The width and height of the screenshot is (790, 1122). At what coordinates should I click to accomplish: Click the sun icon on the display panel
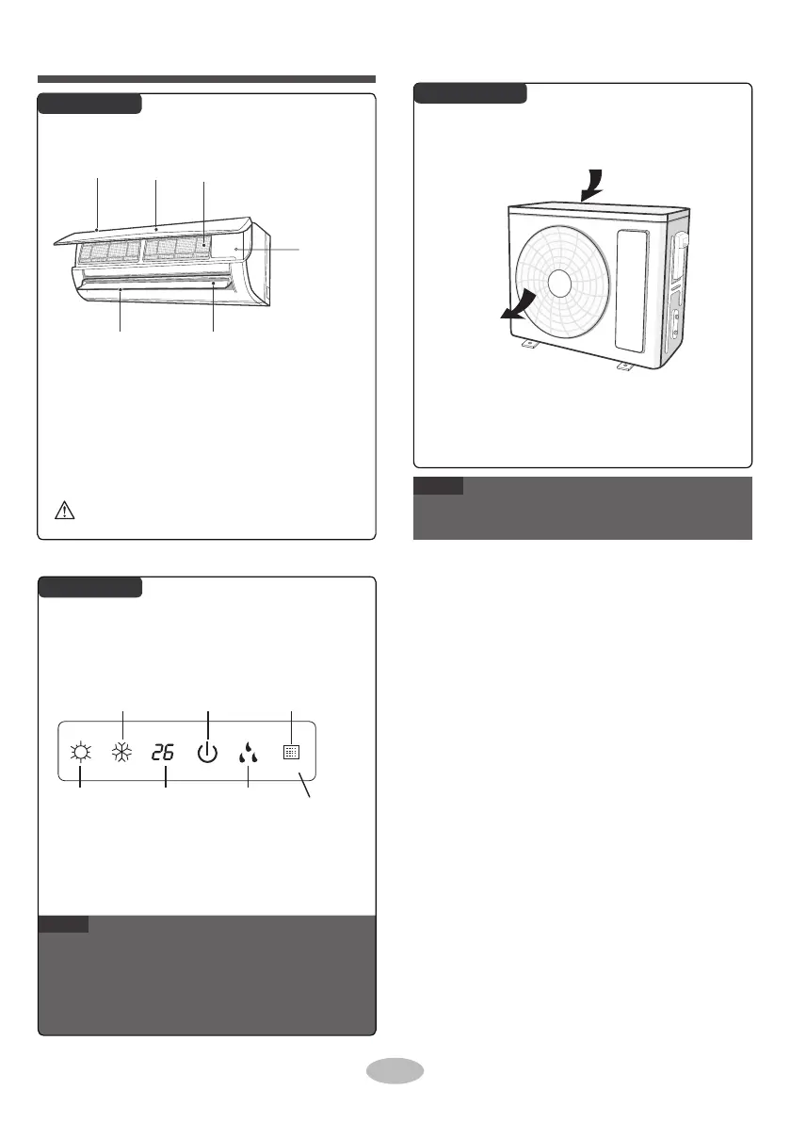click(80, 753)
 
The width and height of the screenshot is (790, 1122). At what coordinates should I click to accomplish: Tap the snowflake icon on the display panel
click(122, 753)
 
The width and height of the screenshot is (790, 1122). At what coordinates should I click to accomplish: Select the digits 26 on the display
click(164, 753)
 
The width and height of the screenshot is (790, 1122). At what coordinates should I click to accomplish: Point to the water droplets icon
click(249, 753)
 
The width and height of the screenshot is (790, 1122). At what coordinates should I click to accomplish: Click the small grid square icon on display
click(292, 753)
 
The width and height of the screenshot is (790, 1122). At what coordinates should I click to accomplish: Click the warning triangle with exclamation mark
click(60, 512)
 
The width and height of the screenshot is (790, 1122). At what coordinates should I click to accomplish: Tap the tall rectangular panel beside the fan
click(632, 287)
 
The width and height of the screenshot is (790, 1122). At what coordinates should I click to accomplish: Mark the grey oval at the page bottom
click(394, 1071)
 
